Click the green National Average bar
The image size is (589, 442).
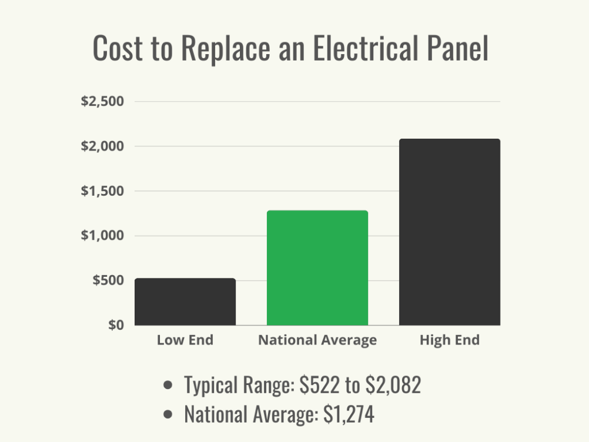coord(317,268)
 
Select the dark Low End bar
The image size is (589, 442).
coord(185,302)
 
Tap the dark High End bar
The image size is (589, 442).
coord(450,232)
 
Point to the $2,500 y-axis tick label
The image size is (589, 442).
coord(102,101)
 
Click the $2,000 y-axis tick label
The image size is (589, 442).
coord(102,146)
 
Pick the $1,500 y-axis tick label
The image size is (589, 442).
coord(102,191)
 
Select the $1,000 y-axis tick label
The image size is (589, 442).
coord(102,236)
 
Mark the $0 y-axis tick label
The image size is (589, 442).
coord(115,325)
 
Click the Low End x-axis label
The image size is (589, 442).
coord(185,340)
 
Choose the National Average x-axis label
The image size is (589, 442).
coord(317,340)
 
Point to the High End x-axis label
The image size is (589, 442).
coord(450,340)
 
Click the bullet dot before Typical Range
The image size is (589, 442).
coord(169,386)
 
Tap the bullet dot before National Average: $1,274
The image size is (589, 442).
coord(169,415)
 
